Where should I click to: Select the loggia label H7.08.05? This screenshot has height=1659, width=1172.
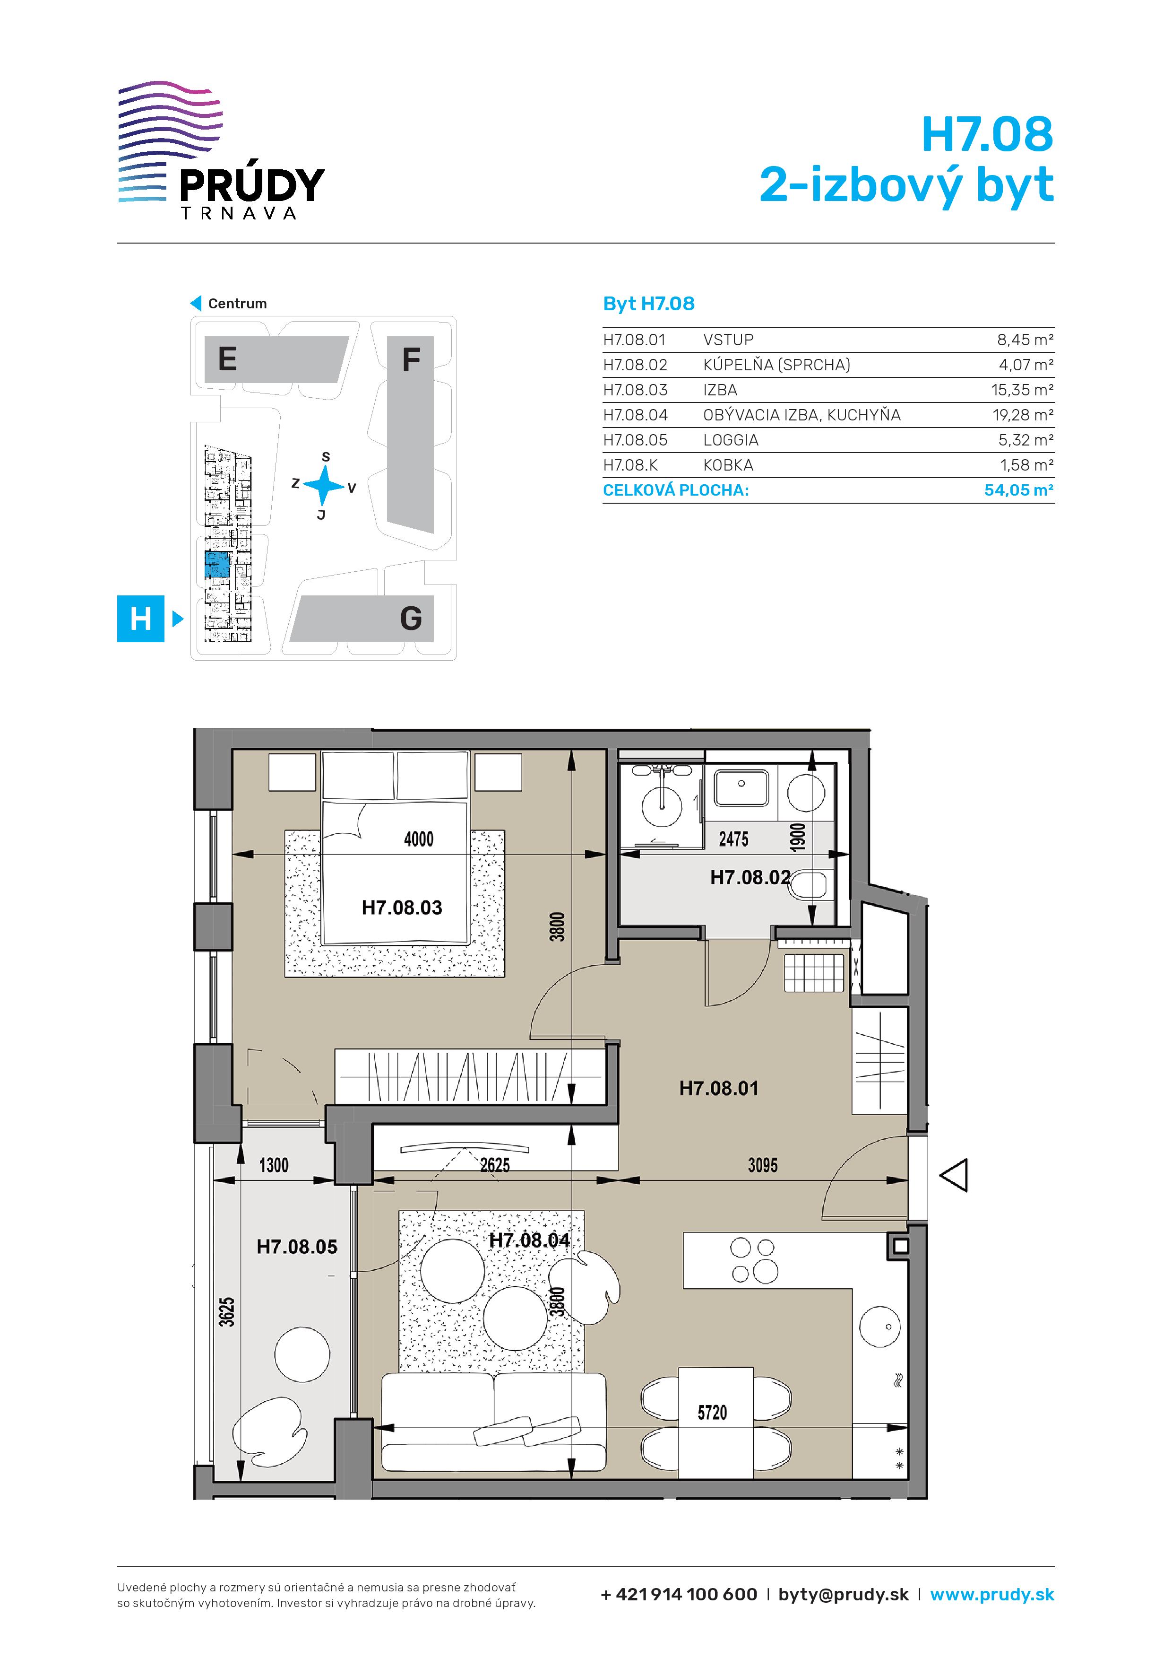click(297, 1247)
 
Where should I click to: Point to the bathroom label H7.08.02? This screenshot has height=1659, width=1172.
click(750, 877)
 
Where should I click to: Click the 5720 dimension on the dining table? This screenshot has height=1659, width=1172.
click(712, 1413)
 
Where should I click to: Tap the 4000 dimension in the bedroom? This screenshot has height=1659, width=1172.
click(419, 839)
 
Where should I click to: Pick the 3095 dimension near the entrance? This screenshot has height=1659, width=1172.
click(763, 1165)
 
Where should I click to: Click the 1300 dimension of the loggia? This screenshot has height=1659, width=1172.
click(274, 1165)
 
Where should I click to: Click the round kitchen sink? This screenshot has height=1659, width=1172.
click(879, 1327)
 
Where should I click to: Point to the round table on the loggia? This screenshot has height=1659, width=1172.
click(302, 1354)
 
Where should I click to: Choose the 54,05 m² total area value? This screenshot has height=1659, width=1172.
click(1018, 490)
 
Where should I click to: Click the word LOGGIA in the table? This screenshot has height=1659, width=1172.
click(731, 440)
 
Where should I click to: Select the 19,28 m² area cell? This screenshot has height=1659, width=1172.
click(1023, 415)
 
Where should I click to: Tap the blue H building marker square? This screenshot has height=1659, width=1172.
click(141, 619)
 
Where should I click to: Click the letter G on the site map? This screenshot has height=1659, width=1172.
click(411, 619)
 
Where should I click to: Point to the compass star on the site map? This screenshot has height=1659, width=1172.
click(324, 485)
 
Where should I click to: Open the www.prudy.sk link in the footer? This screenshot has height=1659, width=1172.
click(992, 1595)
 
